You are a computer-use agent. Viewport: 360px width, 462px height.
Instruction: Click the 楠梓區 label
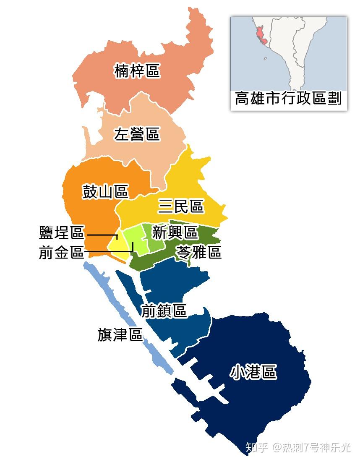tap(137, 71)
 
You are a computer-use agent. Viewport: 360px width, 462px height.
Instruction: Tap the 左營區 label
tap(137, 135)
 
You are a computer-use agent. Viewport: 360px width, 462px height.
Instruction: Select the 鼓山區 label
tap(105, 192)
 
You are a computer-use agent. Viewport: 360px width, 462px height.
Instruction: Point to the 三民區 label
tap(181, 206)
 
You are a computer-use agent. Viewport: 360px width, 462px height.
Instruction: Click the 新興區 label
tap(175, 232)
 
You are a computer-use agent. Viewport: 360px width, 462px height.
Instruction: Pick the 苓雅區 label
tap(198, 252)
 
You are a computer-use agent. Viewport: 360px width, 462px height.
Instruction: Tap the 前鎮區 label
tap(164, 311)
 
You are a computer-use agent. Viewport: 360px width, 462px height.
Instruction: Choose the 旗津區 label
tap(120, 334)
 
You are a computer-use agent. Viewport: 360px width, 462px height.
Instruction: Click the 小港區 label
tap(253, 372)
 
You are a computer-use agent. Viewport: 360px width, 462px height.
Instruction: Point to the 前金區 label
tap(62, 253)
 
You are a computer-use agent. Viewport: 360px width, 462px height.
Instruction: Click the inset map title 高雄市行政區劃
tap(289, 99)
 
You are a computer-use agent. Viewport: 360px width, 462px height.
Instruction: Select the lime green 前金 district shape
tap(134, 239)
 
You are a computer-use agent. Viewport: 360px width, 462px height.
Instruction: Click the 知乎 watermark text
tap(256, 448)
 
